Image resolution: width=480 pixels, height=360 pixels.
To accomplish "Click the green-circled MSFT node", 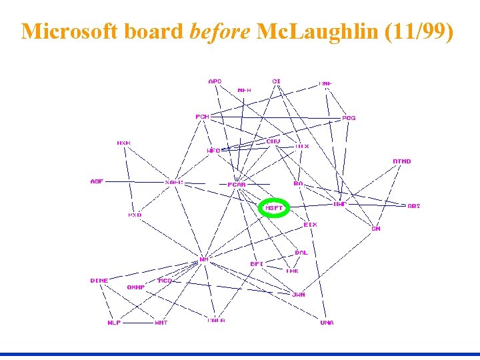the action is [x=274, y=208].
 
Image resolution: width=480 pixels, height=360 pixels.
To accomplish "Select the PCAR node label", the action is [x=237, y=185].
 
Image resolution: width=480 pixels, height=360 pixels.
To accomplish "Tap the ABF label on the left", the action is [x=97, y=181].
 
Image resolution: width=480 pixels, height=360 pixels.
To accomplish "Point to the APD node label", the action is [x=215, y=81].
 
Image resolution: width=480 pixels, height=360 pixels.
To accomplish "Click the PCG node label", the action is [x=349, y=118].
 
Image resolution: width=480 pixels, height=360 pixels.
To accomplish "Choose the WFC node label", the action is [x=213, y=151].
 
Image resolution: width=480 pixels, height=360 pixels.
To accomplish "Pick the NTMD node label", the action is [x=402, y=161].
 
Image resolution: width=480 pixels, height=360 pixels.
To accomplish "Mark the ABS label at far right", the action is [x=414, y=206].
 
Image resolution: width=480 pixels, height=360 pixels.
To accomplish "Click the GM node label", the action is [x=376, y=229].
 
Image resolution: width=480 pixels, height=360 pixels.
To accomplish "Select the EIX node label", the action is [x=310, y=225].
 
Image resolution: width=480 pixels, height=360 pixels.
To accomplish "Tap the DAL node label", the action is [x=301, y=253].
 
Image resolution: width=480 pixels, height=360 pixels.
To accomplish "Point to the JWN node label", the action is [x=298, y=294].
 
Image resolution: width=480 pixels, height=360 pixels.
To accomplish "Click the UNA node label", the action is [x=327, y=323].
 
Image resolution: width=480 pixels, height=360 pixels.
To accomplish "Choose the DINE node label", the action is [x=99, y=281].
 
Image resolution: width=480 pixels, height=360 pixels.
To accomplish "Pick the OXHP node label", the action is [x=136, y=287].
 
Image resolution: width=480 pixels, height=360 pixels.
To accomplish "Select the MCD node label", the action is [x=165, y=281].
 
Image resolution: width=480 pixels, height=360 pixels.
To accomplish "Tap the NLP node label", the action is [x=114, y=323].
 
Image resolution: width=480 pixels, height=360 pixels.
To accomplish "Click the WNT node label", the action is [x=161, y=323].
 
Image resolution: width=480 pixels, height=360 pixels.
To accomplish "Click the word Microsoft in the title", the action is [x=67, y=31].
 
